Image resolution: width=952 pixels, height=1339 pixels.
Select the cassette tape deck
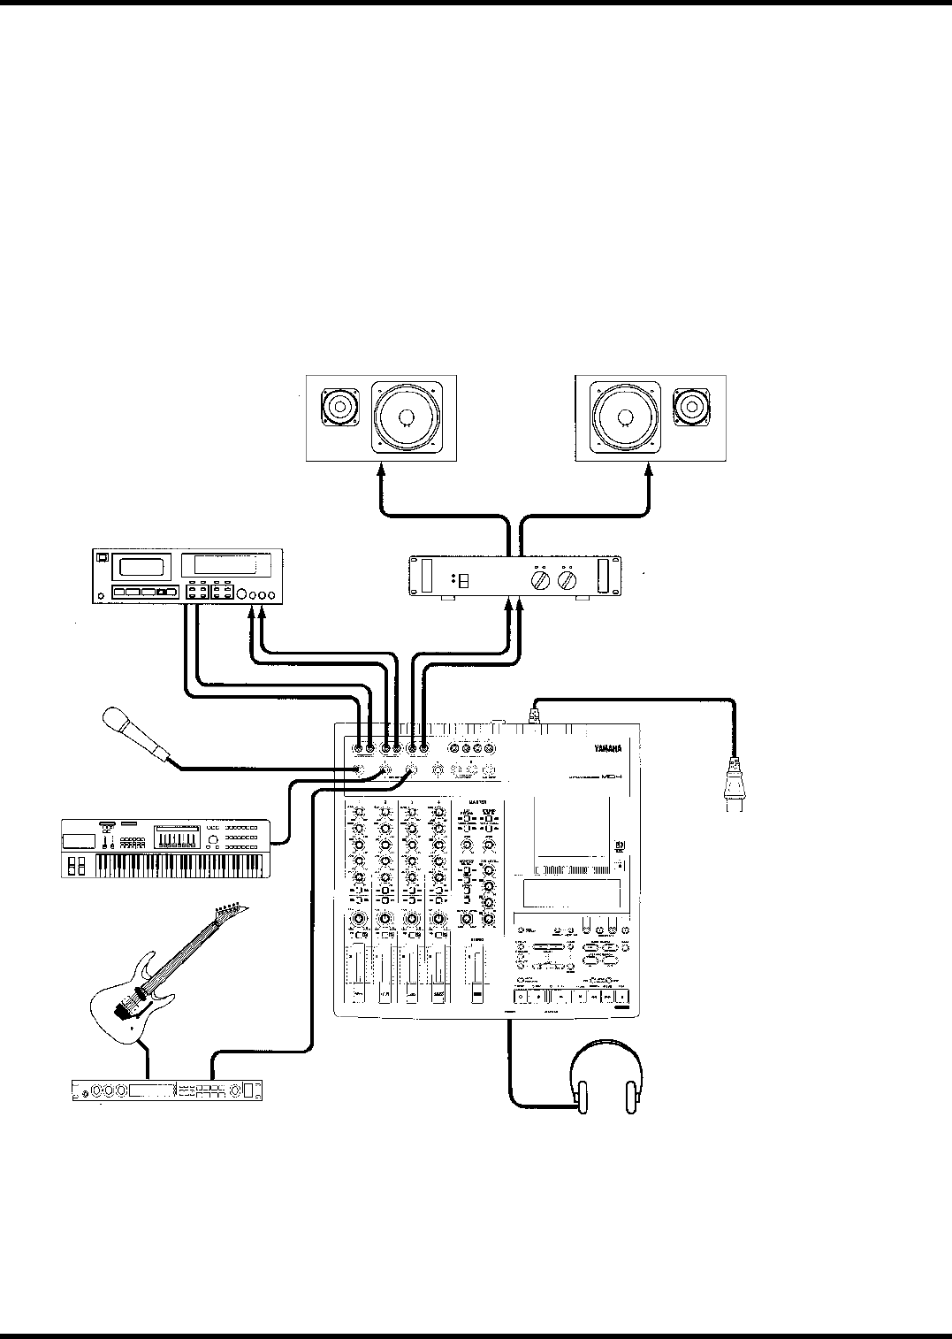187,576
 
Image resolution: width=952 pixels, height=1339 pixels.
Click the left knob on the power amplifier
537,580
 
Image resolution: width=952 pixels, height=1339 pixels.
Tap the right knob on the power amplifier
568,580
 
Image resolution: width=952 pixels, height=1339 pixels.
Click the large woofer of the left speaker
407,418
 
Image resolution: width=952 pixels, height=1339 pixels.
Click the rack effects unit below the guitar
168,1090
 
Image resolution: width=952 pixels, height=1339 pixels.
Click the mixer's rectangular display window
569,894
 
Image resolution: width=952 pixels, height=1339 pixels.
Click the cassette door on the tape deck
141,566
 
